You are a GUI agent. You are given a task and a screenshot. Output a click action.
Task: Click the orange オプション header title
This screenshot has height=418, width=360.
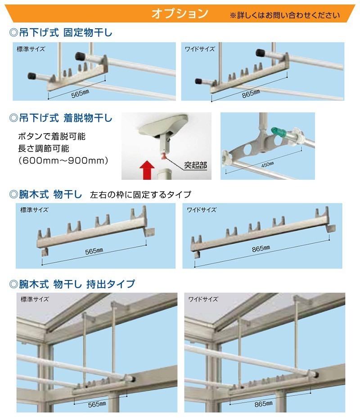pos(180,13)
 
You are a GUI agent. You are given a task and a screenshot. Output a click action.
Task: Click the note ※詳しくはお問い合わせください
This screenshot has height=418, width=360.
pos(285,15)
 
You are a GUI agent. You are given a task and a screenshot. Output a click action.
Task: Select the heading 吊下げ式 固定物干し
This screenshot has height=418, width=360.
pos(60,32)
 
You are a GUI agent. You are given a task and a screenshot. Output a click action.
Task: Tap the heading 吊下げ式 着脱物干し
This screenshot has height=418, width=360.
pos(60,119)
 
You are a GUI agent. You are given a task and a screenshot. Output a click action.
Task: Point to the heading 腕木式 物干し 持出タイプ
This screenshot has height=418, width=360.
pos(72,284)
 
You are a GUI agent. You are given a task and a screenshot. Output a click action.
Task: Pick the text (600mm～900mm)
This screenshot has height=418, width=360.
pos(63,160)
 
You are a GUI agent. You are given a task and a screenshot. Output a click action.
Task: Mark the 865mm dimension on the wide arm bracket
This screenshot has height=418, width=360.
pos(261,248)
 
